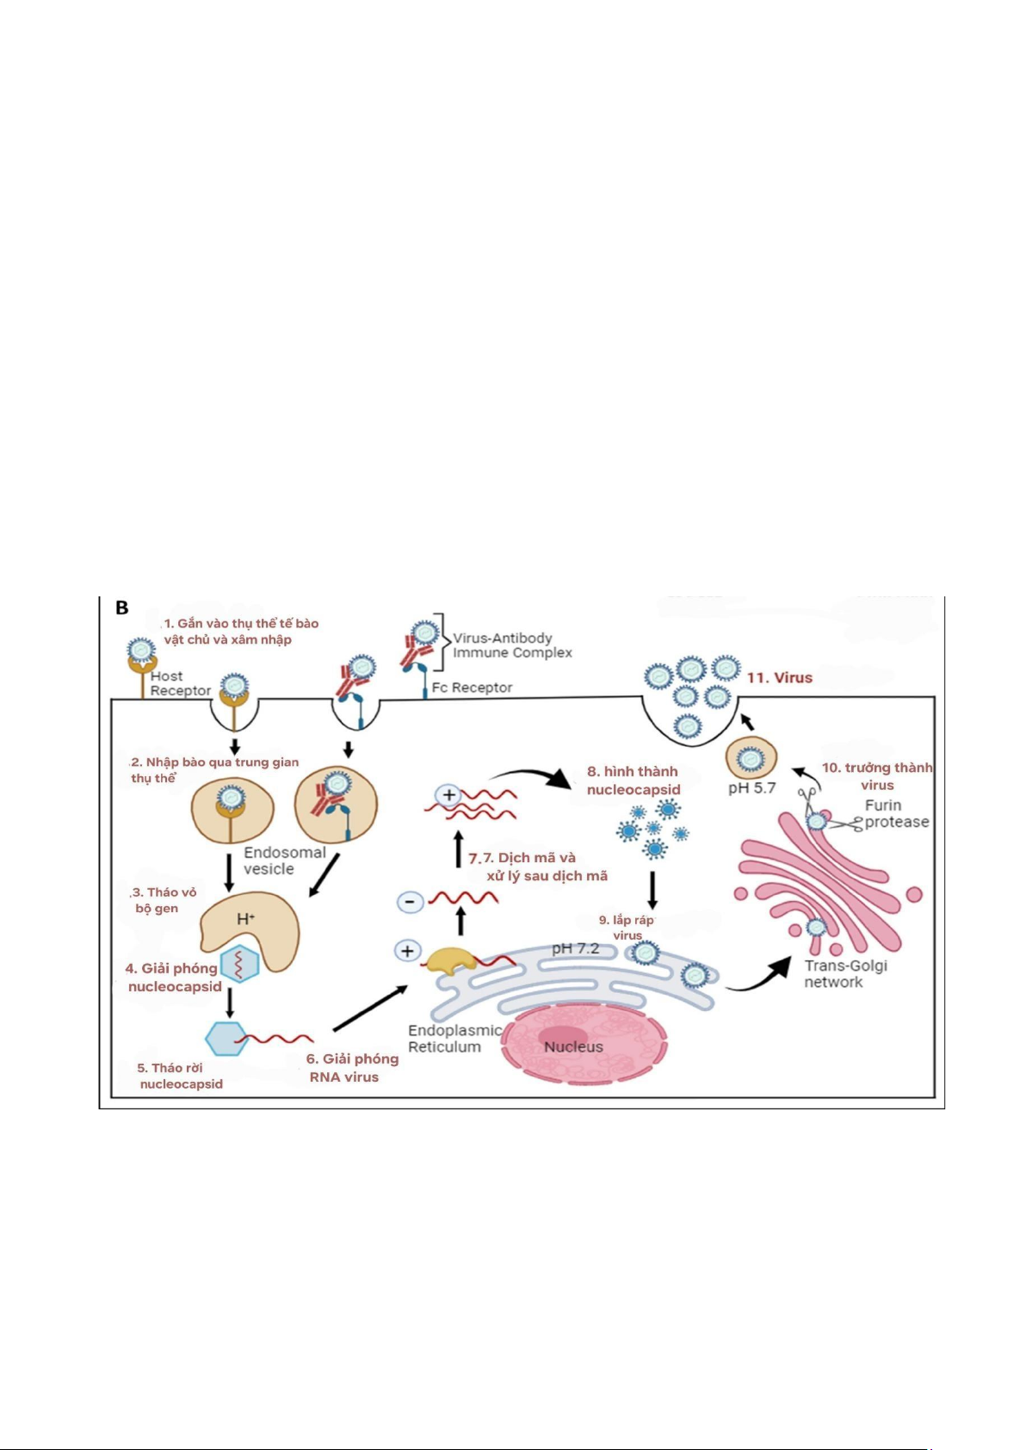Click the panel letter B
122,608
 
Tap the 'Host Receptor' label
179,683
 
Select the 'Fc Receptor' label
472,688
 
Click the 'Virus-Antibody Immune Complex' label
512,645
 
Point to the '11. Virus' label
779,678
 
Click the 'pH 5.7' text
751,787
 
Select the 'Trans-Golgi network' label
844,973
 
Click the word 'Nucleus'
573,1046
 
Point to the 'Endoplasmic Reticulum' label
453,1038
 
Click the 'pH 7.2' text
575,948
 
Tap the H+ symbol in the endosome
245,919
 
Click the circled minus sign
410,902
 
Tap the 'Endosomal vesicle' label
284,861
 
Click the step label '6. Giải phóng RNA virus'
352,1068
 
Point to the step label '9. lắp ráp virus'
627,928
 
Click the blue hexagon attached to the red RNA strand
226,1039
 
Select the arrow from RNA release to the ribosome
370,1008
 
